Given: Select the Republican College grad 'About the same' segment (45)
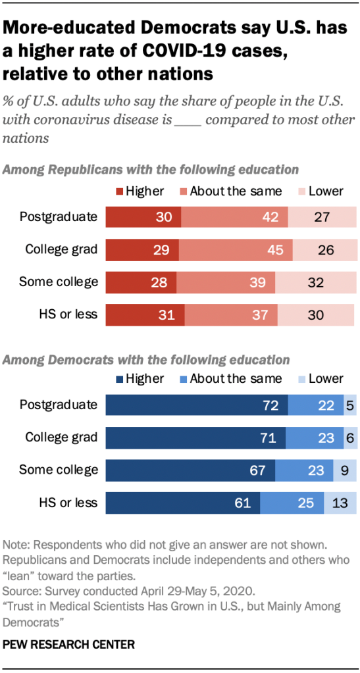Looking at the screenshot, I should click(x=235, y=249).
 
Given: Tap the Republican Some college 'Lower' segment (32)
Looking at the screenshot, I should click(x=315, y=282).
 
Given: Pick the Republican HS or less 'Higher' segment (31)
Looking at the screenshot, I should click(x=145, y=314).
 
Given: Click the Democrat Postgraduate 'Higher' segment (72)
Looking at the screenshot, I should click(x=196, y=406).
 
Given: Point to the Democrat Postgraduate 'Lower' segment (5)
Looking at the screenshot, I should click(x=350, y=406).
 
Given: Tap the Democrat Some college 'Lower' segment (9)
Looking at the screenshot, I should click(x=346, y=470).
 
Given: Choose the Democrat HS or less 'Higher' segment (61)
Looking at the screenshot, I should click(x=183, y=503).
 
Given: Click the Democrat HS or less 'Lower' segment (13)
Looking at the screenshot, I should click(x=340, y=503).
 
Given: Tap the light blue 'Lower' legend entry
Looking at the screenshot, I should click(x=321, y=378).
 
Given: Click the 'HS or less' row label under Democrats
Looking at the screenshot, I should click(x=68, y=503).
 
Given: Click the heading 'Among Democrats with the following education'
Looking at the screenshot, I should click(x=147, y=360).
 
